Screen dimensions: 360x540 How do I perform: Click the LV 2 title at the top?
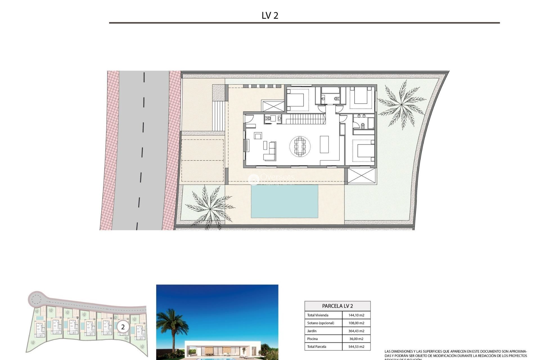pos(270,15)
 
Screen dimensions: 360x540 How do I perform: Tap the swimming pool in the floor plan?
pos(284,201)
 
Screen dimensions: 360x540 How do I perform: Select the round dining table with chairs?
pos(300,146)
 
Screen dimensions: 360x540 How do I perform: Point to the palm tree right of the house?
pos(401,105)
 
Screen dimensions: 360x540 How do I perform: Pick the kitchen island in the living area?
pos(324,144)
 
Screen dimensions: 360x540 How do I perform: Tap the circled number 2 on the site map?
pos(123,327)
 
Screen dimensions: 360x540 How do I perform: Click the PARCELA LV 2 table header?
pos(337,306)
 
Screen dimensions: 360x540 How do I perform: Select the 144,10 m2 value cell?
pos(356,315)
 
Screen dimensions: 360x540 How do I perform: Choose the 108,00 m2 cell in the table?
pos(356,323)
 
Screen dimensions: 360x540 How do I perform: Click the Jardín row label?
pos(312,331)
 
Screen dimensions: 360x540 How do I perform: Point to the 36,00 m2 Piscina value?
pos(356,339)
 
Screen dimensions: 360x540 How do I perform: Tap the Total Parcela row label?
pos(317,347)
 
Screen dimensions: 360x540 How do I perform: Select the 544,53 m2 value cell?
pos(356,347)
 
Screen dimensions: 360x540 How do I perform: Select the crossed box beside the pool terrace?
pos(362,176)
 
